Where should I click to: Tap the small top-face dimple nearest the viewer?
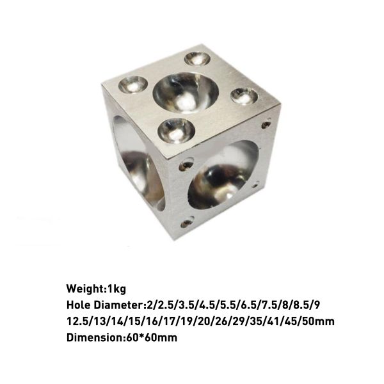[x=175, y=131]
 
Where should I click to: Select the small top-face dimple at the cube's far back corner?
[x=198, y=59]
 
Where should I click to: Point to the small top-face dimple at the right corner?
[x=244, y=96]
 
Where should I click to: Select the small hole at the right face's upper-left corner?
[x=186, y=164]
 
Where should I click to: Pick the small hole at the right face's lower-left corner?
[x=186, y=223]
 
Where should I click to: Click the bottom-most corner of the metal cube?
[x=173, y=239]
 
